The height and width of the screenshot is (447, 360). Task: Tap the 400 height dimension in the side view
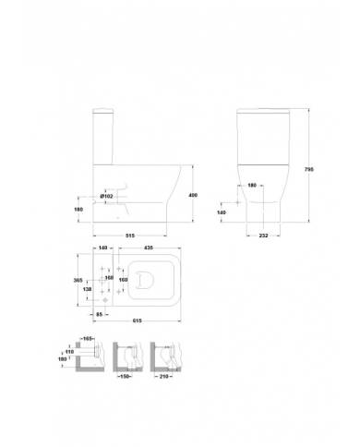pyautogui.click(x=192, y=194)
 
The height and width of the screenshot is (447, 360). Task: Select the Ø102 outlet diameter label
pyautogui.click(x=106, y=197)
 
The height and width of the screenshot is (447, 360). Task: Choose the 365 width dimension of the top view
pyautogui.click(x=78, y=279)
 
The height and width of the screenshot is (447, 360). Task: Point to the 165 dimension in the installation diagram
pyautogui.click(x=89, y=342)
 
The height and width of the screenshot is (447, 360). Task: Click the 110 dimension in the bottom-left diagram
pyautogui.click(x=68, y=352)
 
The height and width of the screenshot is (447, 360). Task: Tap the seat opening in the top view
pyautogui.click(x=154, y=279)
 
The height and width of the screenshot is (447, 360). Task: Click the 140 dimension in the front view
pyautogui.click(x=220, y=212)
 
